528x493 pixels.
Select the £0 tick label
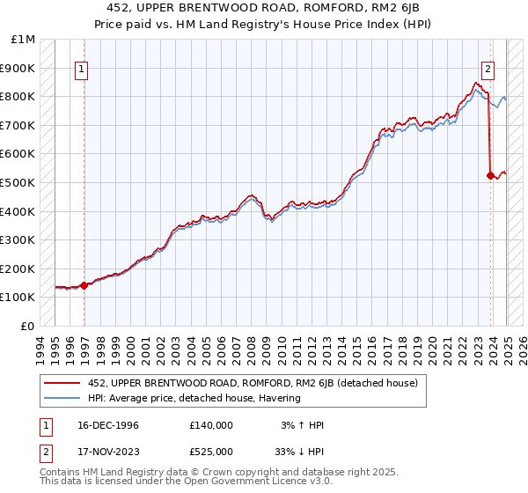click(x=28, y=326)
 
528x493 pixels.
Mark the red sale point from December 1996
click(x=84, y=285)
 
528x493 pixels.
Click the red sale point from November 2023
click(x=490, y=175)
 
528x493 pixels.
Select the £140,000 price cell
click(x=211, y=425)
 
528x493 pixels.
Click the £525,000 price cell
click(x=211, y=451)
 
